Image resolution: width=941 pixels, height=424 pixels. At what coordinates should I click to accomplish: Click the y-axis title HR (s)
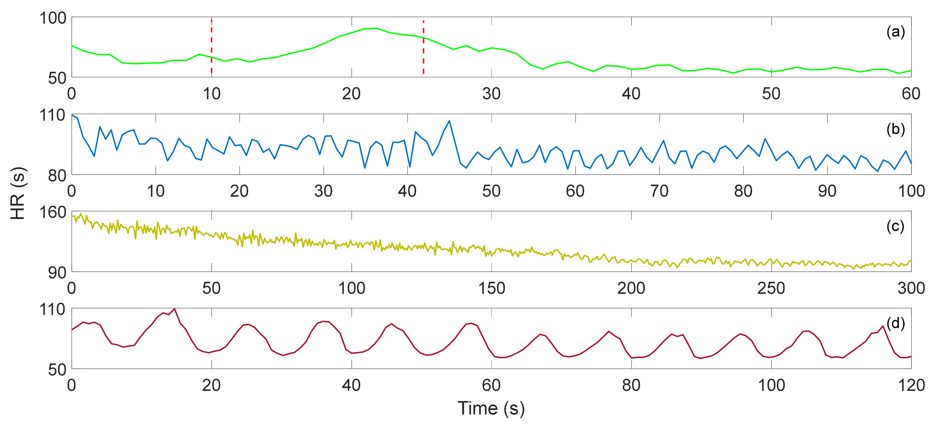coord(18,193)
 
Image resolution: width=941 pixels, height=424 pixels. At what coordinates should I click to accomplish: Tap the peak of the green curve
coord(376,28)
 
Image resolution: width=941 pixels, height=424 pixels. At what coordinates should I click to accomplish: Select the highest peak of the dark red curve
coord(175,309)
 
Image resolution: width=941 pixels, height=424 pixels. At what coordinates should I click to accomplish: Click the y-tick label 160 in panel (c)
coord(53,212)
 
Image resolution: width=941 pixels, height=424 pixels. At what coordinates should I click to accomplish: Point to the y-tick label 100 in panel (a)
coord(53,18)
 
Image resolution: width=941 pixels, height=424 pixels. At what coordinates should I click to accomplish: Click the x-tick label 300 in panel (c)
coord(911,288)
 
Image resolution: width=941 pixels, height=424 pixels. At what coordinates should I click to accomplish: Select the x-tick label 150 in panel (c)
coord(491,288)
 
